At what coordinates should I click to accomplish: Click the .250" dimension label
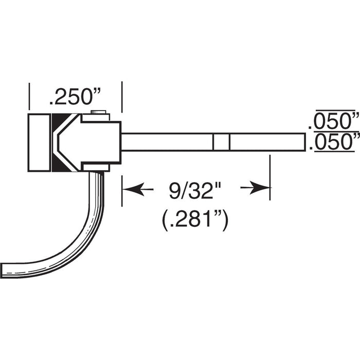[75, 96]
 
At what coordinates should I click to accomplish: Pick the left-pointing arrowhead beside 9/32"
[132, 189]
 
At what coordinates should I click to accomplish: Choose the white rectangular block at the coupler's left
[40, 142]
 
